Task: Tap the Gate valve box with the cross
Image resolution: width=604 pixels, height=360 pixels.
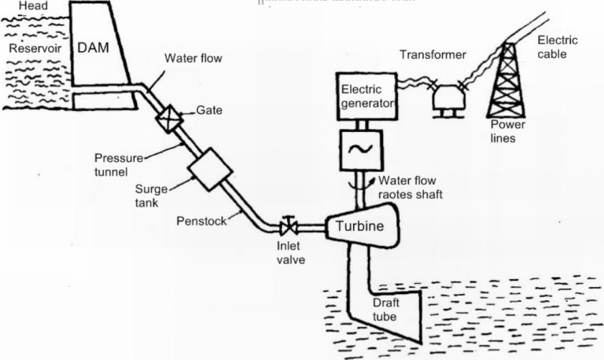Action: [x=169, y=118]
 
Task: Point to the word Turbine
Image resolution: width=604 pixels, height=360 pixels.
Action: [x=359, y=226]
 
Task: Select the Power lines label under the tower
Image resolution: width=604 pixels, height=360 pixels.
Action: [x=506, y=131]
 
